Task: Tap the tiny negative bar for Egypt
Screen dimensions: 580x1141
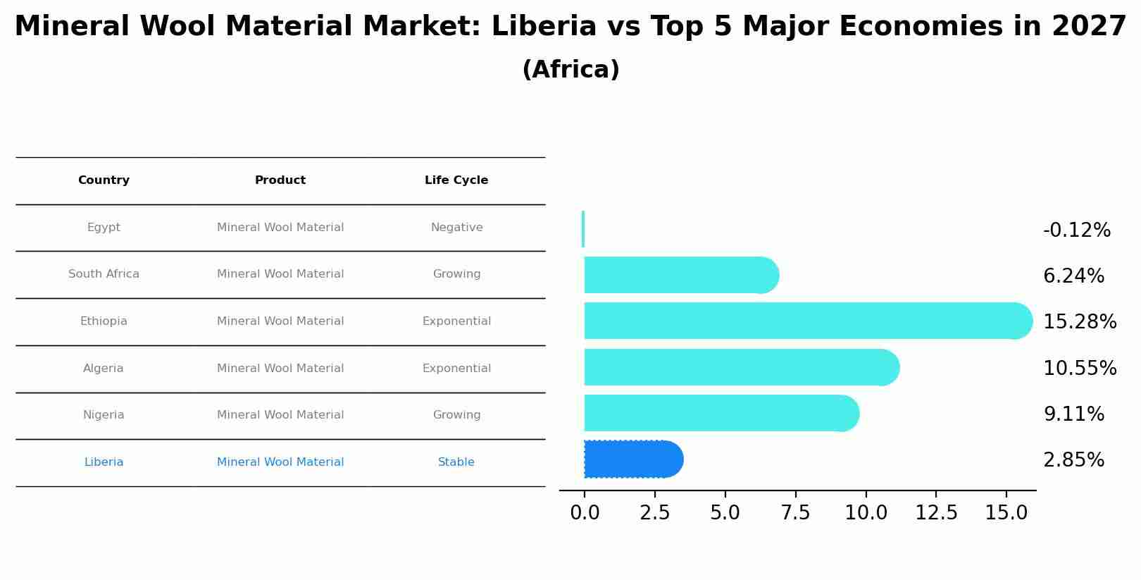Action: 583,229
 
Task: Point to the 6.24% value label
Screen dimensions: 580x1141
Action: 1073,276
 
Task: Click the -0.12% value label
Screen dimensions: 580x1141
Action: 1076,230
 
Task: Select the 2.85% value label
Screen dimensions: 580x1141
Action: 1073,460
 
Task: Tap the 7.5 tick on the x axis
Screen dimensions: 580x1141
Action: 795,513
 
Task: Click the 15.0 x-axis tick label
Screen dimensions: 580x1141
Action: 1006,513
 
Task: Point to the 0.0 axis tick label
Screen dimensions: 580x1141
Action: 585,513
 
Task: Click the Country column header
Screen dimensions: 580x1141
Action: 104,180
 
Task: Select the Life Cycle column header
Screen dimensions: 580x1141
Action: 456,180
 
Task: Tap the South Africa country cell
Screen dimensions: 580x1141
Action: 104,274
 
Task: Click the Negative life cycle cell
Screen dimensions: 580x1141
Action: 456,228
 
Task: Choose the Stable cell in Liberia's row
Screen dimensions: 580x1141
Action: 456,462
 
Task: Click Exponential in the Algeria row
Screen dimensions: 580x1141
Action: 456,369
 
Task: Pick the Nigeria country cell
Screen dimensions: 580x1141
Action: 104,415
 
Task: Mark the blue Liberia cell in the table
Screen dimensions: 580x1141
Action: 104,462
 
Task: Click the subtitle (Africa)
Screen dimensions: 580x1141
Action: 570,70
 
